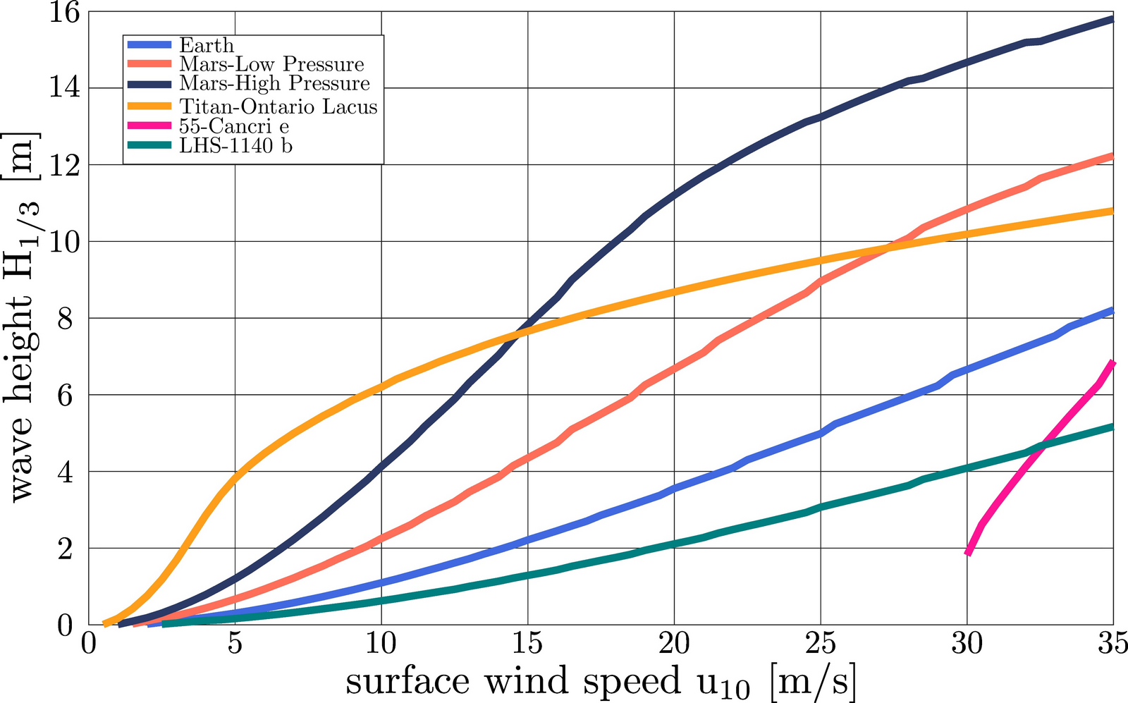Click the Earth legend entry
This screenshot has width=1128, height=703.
pyautogui.click(x=206, y=45)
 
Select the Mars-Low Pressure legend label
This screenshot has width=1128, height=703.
pyautogui.click(x=271, y=64)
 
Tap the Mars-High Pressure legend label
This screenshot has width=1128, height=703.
pyautogui.click(x=274, y=83)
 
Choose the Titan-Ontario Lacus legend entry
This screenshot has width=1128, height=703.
pyautogui.click(x=278, y=106)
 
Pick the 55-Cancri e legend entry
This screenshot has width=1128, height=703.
pyautogui.click(x=233, y=126)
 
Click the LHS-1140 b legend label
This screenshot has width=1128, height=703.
pyautogui.click(x=235, y=146)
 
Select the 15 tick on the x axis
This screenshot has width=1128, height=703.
pyautogui.click(x=527, y=644)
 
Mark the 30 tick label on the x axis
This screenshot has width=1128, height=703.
pyautogui.click(x=967, y=644)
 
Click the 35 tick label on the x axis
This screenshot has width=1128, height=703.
pyautogui.click(x=1112, y=644)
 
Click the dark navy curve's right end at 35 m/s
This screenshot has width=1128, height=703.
pyautogui.click(x=1112, y=19)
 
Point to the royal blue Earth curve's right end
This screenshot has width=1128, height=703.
pyautogui.click(x=1112, y=310)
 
